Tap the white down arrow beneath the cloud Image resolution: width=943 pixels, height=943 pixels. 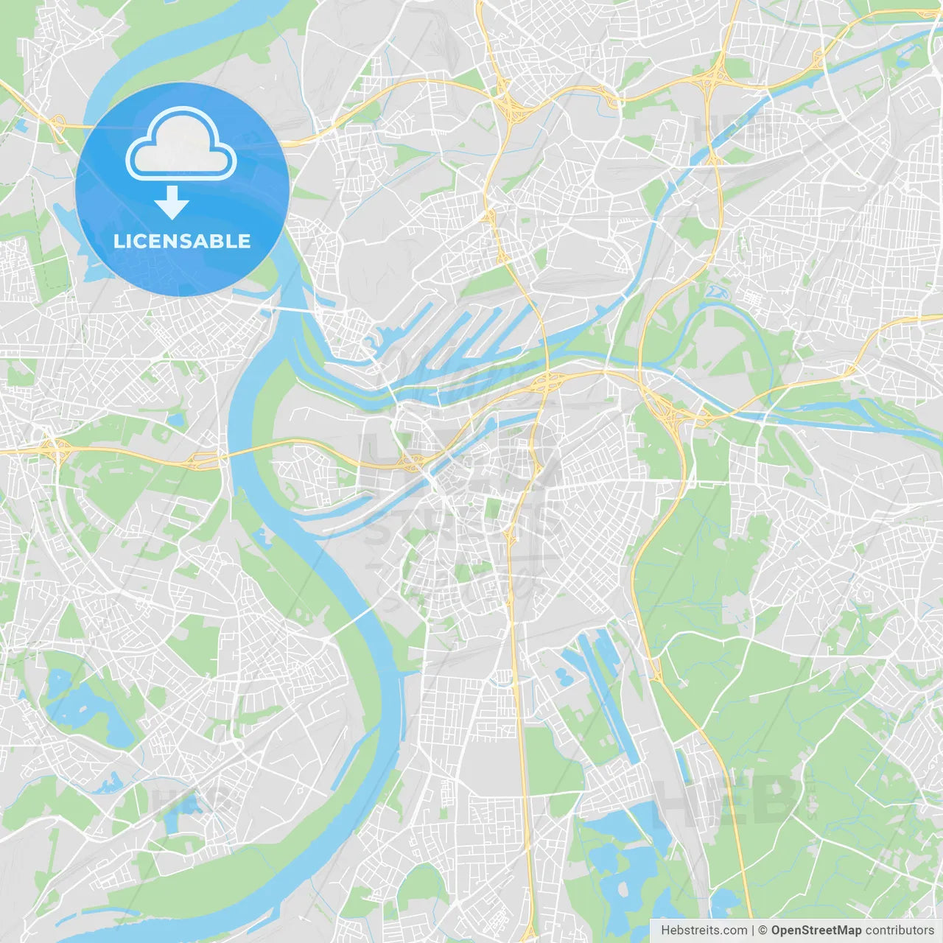(172, 203)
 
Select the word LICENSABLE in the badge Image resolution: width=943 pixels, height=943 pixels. (182, 241)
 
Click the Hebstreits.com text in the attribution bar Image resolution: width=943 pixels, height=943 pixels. (704, 930)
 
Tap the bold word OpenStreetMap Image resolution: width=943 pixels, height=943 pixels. (816, 930)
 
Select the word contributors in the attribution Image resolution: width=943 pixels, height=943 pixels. (900, 930)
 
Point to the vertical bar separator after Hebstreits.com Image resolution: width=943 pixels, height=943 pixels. (753, 930)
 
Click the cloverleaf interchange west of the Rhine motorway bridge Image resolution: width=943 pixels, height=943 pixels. (52, 447)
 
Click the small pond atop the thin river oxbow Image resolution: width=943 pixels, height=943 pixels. (715, 291)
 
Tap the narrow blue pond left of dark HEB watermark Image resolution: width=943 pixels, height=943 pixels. (683, 766)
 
